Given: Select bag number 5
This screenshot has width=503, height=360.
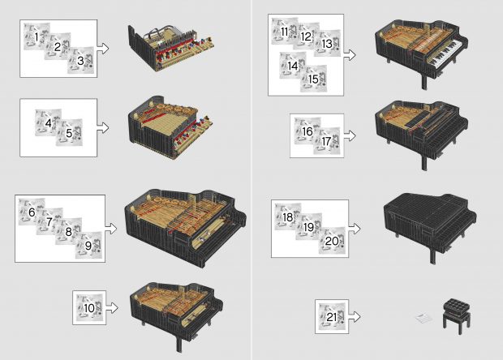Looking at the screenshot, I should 69,133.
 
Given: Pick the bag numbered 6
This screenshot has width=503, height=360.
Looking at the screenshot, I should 32,212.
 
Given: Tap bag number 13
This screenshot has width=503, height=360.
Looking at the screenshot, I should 325,44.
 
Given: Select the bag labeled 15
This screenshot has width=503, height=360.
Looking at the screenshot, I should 313,79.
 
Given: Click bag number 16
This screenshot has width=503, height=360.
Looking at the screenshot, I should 307,131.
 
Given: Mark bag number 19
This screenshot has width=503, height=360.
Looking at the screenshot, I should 309,228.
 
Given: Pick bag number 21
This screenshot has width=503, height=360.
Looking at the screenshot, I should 331,315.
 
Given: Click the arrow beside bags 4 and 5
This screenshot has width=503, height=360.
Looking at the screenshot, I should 104,127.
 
